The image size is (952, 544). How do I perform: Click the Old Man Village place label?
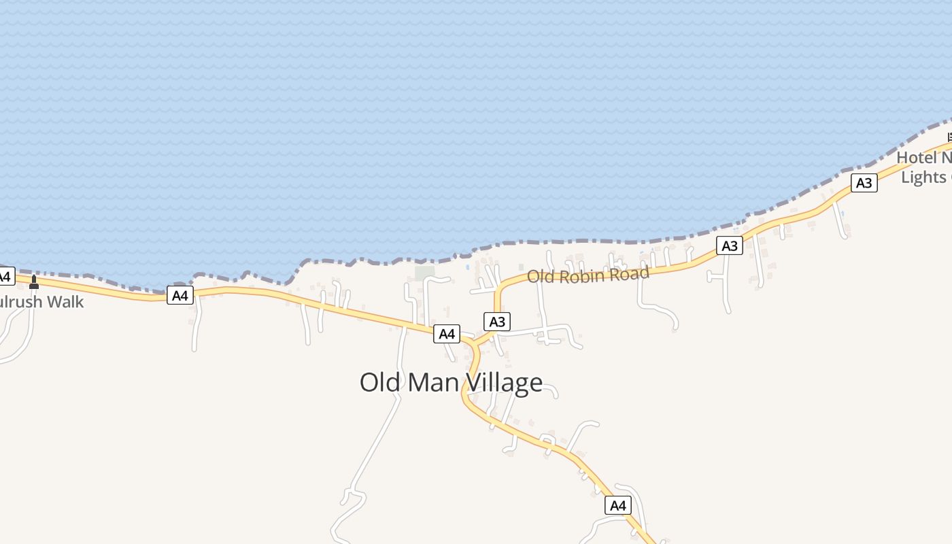(451, 382)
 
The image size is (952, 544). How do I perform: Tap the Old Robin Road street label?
(588, 275)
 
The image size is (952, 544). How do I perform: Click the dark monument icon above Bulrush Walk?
(34, 282)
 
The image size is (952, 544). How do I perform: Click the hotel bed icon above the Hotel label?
(949, 137)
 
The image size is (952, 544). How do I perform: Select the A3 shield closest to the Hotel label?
(864, 183)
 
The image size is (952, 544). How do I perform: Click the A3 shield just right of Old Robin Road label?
(729, 245)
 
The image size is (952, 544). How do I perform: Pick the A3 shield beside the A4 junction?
(497, 322)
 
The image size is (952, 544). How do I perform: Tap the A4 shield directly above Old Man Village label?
(446, 334)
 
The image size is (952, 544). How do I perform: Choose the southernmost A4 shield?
(617, 505)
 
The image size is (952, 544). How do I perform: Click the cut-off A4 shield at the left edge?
(5, 277)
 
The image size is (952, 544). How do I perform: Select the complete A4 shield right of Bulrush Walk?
(180, 295)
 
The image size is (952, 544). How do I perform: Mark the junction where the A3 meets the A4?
(474, 343)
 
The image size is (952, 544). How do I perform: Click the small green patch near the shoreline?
(424, 273)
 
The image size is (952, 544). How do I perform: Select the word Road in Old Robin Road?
(630, 273)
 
